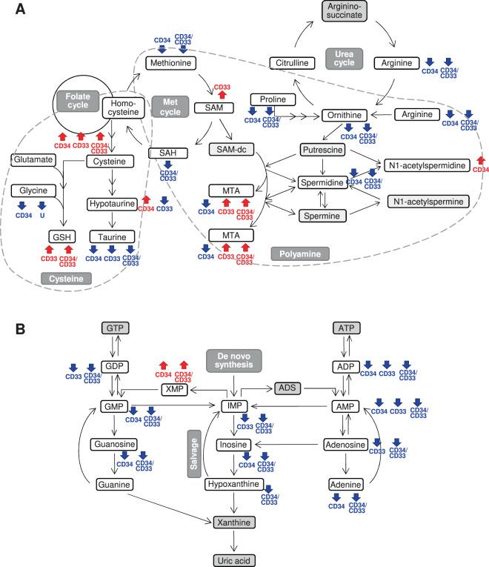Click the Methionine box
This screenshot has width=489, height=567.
(x=171, y=64)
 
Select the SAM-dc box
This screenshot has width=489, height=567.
(x=233, y=150)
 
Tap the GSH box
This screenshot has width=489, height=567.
(x=59, y=236)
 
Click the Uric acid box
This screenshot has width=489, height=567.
(x=236, y=558)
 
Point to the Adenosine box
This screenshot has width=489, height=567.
(x=346, y=445)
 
